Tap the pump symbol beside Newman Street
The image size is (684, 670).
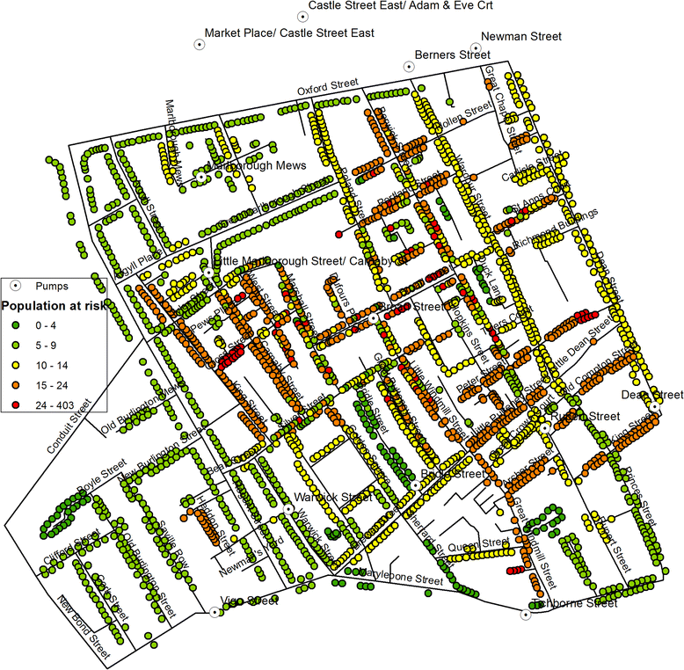tap(476, 48)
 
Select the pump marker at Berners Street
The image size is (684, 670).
tap(409, 66)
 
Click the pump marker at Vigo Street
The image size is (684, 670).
tap(215, 612)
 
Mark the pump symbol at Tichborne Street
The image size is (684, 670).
tap(528, 615)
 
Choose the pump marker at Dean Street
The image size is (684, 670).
tap(655, 406)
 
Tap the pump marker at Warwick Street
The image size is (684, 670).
tap(287, 508)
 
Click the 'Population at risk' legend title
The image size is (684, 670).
tap(52, 307)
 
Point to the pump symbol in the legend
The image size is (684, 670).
tap(15, 286)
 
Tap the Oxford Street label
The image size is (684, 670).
tap(326, 87)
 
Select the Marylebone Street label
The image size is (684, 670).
tap(400, 579)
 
